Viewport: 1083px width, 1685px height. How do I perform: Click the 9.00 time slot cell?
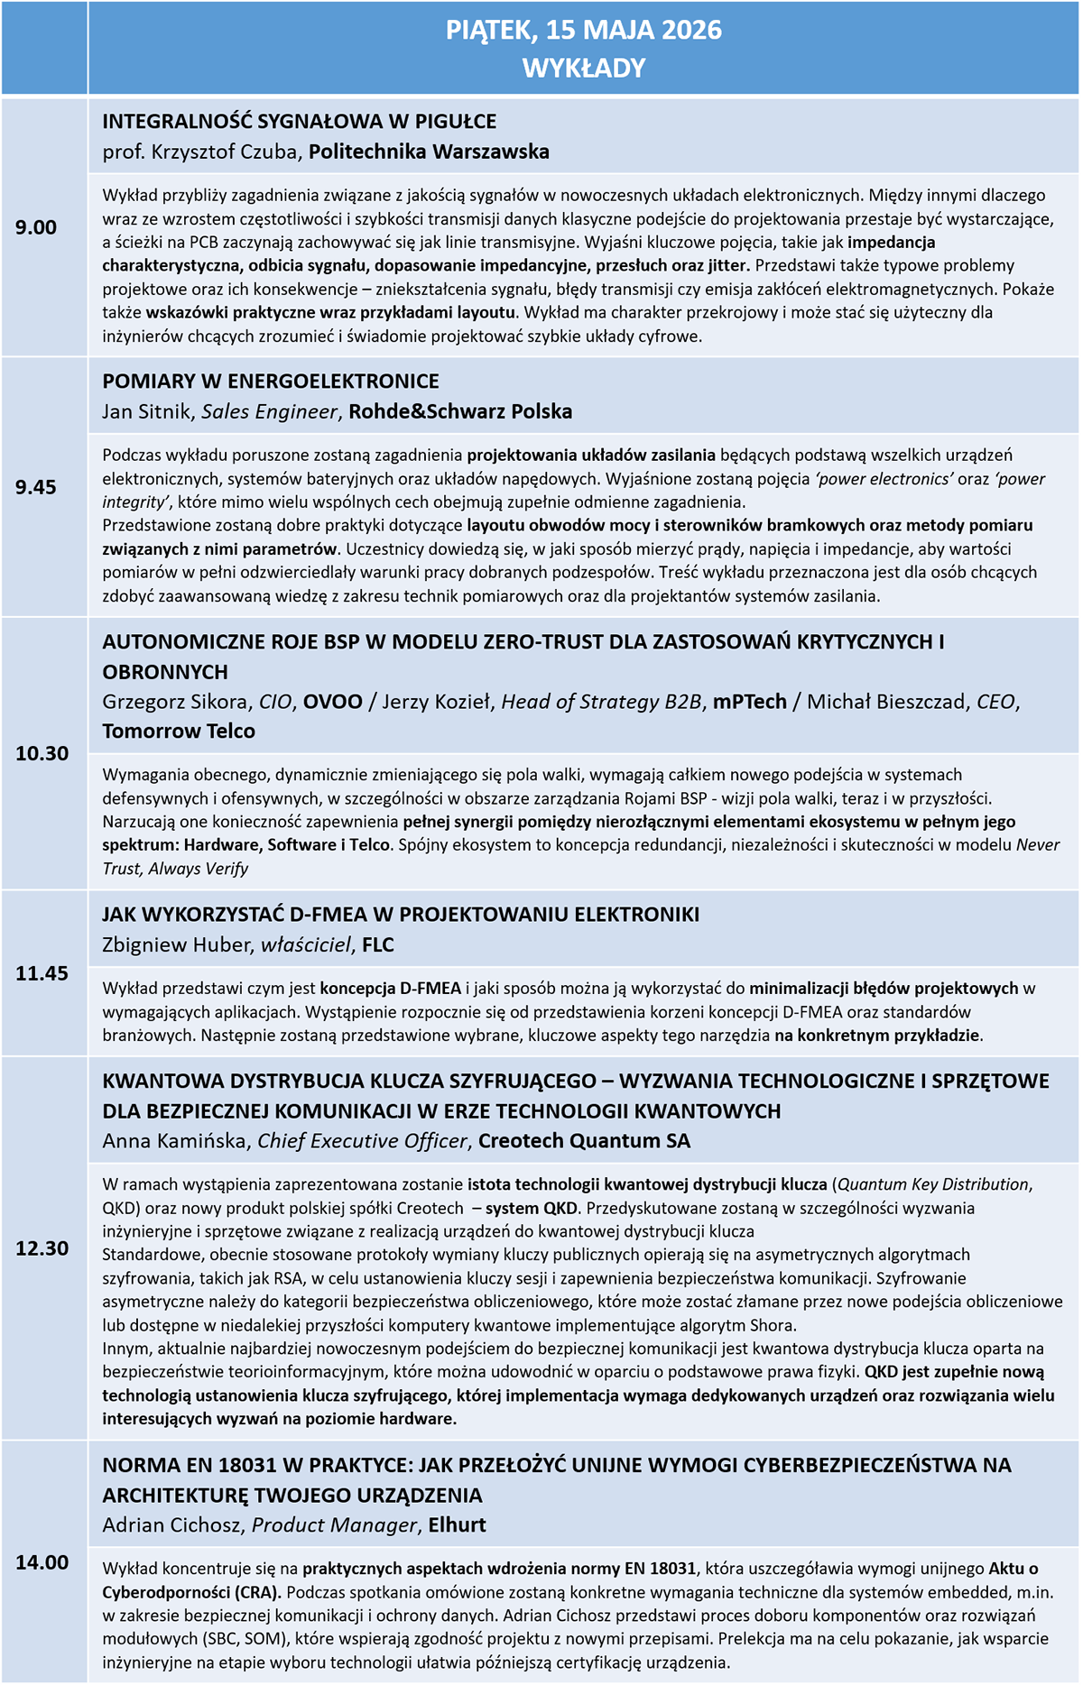36,227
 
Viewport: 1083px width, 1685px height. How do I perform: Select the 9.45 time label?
36,487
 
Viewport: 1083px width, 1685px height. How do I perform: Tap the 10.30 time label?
42,753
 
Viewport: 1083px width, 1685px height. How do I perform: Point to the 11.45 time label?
42,973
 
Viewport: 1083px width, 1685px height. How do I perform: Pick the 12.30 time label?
42,1248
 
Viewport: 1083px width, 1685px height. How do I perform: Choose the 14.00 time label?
42,1562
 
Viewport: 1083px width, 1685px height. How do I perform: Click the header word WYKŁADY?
584,69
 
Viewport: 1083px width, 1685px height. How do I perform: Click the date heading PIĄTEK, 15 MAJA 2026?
584,31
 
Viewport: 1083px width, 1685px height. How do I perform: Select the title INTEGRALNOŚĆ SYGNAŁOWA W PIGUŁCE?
300,122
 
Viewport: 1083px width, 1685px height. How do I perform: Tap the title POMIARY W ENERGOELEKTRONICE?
271,382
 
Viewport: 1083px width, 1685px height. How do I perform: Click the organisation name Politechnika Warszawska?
429,152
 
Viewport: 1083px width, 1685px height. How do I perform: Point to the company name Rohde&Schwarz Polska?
460,412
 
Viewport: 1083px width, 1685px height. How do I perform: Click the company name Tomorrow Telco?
179,732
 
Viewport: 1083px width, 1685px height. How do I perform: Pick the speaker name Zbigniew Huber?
176,945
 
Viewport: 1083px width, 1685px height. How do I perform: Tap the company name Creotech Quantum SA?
584,1141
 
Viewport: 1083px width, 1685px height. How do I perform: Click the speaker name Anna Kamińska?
174,1141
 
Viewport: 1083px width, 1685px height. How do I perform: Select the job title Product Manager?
334,1525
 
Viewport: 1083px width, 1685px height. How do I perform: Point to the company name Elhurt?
457,1525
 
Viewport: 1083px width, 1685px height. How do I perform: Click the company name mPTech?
749,702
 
